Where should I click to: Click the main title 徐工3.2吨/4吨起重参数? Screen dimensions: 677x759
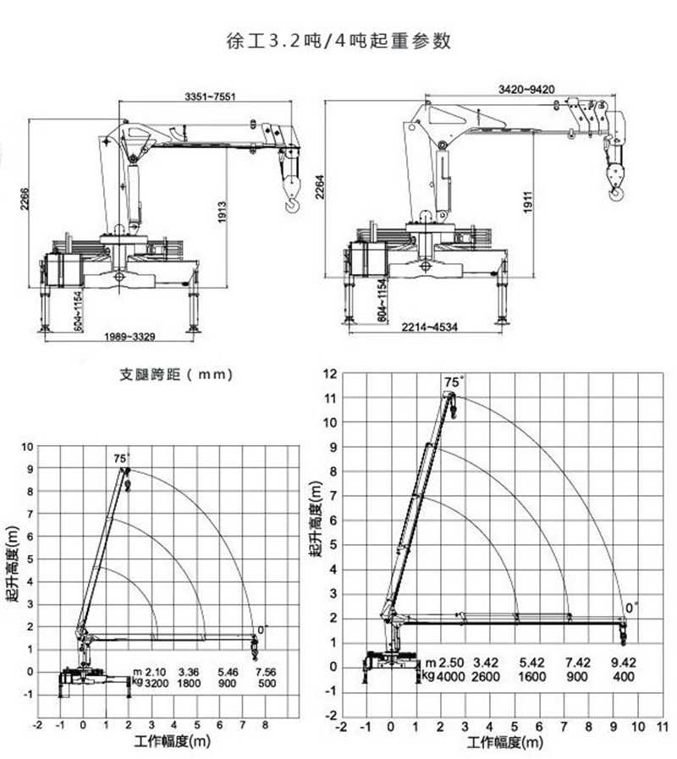point(338,41)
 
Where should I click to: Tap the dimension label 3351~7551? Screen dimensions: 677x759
point(210,96)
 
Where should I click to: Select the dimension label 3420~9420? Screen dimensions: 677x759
point(526,90)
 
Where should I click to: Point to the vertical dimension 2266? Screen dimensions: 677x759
point(25,199)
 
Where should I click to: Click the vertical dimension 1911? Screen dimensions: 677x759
point(528,202)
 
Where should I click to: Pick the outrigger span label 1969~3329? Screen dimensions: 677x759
point(129,337)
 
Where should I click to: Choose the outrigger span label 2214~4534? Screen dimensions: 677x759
point(430,327)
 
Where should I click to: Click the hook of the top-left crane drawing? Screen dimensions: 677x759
point(293,206)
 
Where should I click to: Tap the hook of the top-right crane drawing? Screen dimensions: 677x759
point(616,194)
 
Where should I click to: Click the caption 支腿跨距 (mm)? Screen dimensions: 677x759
point(176,374)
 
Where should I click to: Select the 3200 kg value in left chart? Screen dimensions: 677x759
point(157,684)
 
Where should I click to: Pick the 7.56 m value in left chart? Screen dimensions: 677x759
point(266,672)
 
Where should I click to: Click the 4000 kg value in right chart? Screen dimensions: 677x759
point(450,676)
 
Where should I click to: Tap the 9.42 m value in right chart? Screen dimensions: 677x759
point(624,663)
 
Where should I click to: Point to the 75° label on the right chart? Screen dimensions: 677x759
point(454,382)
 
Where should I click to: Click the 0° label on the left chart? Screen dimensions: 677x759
point(263,630)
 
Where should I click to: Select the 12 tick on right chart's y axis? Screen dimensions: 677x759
point(330,374)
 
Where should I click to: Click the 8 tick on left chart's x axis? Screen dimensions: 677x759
point(265,725)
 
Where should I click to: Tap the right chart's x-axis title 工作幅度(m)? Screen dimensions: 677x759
point(505,742)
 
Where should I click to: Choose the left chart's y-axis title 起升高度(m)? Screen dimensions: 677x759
point(13,564)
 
